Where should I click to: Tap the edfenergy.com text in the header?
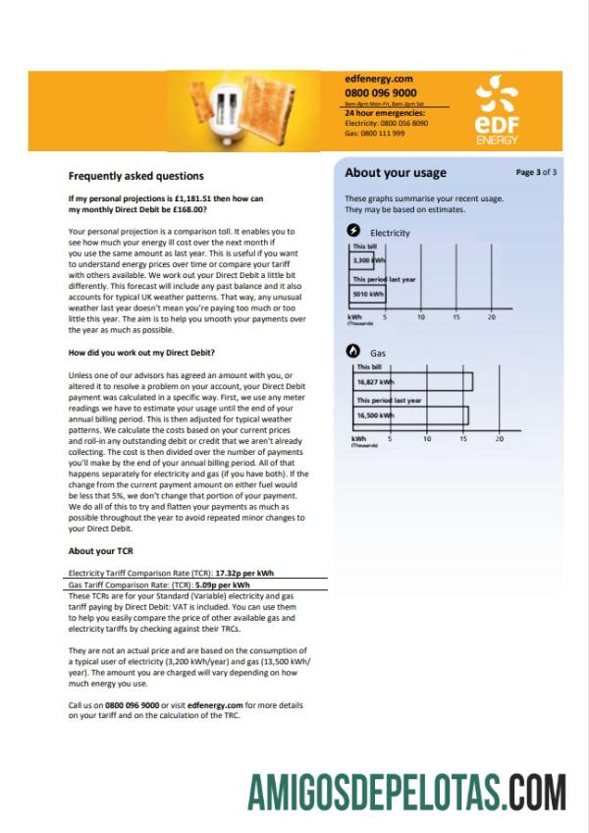coord(378,78)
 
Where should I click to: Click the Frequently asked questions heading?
coord(135,177)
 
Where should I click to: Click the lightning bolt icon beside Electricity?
coord(354,231)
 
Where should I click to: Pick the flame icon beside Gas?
coord(354,350)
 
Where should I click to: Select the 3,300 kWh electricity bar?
coord(367,261)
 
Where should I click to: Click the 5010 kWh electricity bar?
coord(368,293)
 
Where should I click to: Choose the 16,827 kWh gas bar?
coord(412,381)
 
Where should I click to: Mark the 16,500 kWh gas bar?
coord(410,416)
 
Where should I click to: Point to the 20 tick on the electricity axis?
coord(492,318)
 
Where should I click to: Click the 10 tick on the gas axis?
coord(427,439)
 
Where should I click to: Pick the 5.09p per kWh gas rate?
coord(227,584)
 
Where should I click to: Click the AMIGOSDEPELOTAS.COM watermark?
coord(406,790)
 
